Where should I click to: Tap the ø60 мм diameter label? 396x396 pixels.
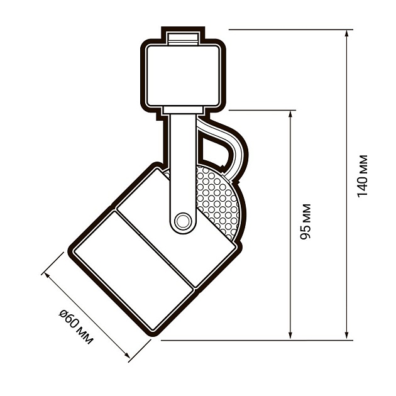[x=75, y=326]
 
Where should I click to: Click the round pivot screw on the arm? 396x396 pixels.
[x=183, y=221]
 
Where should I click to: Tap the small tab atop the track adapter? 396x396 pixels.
[x=183, y=36]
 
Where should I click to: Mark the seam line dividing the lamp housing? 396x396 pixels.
[x=157, y=248]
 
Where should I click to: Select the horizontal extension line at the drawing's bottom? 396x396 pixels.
[x=251, y=340]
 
